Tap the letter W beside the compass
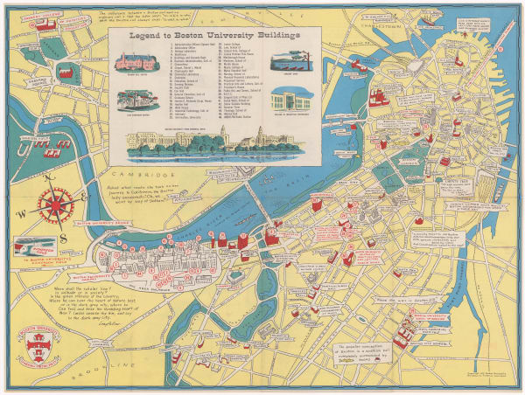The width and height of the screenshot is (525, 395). click(x=29, y=208)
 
